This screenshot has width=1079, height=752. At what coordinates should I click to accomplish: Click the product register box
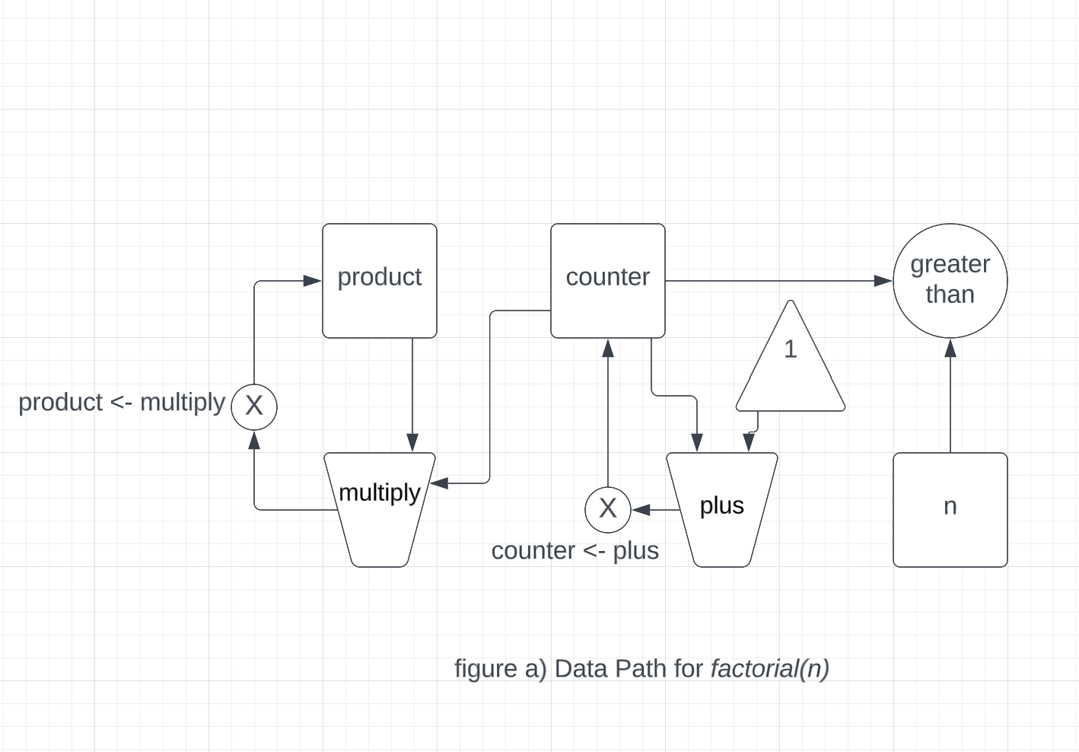click(x=379, y=280)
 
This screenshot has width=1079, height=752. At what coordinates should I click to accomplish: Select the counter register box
click(x=607, y=280)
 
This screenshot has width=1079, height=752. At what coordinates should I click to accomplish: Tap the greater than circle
click(x=950, y=280)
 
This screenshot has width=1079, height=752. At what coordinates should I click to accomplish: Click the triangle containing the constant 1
click(x=791, y=365)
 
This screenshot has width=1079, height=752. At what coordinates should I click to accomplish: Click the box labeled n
click(x=950, y=509)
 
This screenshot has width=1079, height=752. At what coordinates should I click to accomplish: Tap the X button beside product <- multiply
click(x=254, y=406)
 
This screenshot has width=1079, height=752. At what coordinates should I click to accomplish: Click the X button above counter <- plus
click(x=607, y=508)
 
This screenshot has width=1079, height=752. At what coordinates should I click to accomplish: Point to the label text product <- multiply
click(x=122, y=402)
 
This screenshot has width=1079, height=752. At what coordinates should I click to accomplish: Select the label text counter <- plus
click(x=575, y=550)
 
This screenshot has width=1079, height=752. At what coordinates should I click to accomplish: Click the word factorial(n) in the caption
click(x=769, y=668)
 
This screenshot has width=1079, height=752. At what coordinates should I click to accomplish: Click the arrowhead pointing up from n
click(x=950, y=349)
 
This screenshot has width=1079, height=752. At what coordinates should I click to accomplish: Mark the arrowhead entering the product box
click(x=312, y=281)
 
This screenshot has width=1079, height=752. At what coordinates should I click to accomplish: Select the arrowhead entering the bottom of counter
click(x=608, y=349)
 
